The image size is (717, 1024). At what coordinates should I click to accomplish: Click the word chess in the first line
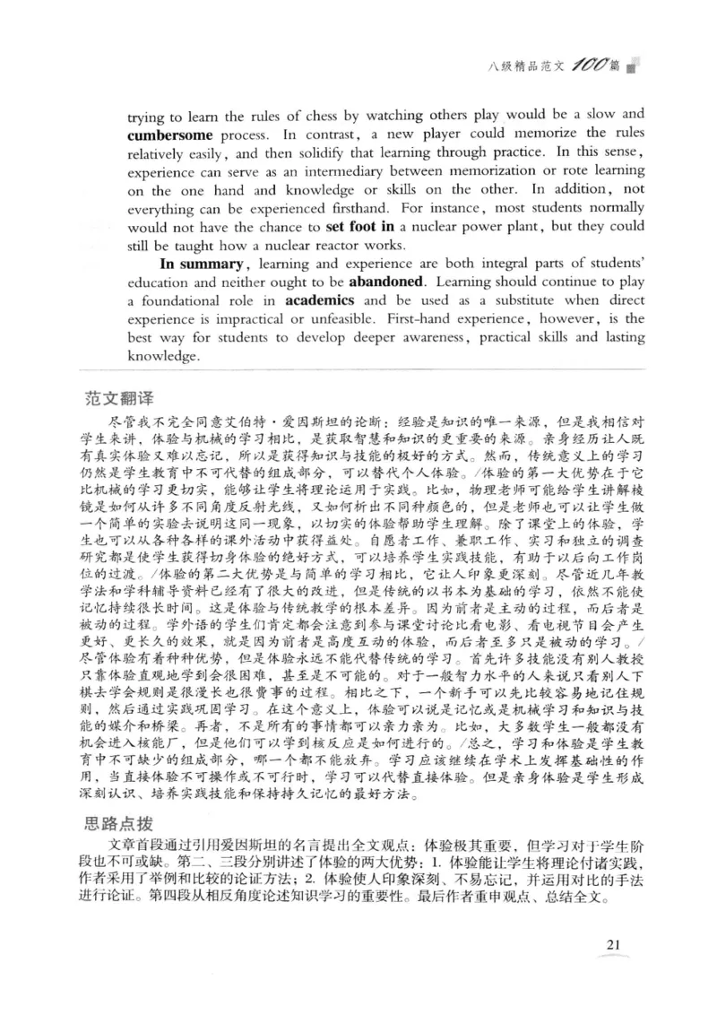[x=294, y=116]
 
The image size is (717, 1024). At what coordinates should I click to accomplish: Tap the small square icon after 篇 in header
[x=633, y=68]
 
